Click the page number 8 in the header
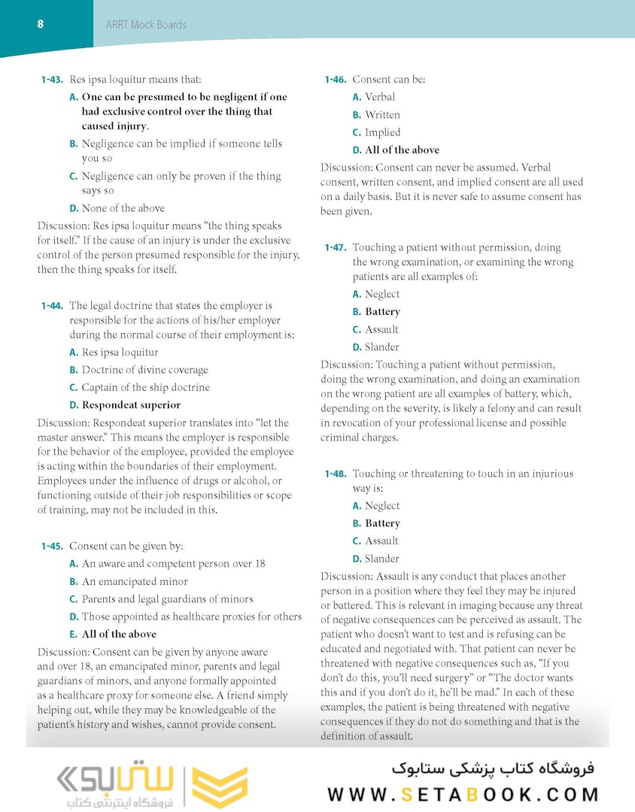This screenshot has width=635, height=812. click(40, 24)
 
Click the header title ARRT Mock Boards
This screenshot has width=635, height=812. click(147, 25)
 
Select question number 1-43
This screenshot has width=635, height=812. click(52, 79)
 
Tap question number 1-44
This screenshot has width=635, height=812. click(52, 306)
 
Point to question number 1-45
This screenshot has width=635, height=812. click(52, 547)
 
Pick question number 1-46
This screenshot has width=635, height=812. click(335, 80)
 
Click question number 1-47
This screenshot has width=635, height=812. click(335, 247)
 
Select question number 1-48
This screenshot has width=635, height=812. click(335, 474)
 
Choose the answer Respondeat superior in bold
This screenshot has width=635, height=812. click(131, 405)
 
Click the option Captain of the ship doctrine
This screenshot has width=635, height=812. click(145, 387)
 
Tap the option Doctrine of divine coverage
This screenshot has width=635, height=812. click(144, 370)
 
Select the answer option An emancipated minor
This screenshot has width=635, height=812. click(135, 581)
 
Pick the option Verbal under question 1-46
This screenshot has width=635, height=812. click(380, 97)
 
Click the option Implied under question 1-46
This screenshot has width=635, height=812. click(382, 132)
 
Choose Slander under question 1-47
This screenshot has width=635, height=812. click(382, 347)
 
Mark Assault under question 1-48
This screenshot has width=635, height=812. click(381, 541)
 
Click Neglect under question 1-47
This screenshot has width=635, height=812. click(382, 294)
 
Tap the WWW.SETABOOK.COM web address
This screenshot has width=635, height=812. click(463, 794)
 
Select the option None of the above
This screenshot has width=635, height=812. click(123, 208)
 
